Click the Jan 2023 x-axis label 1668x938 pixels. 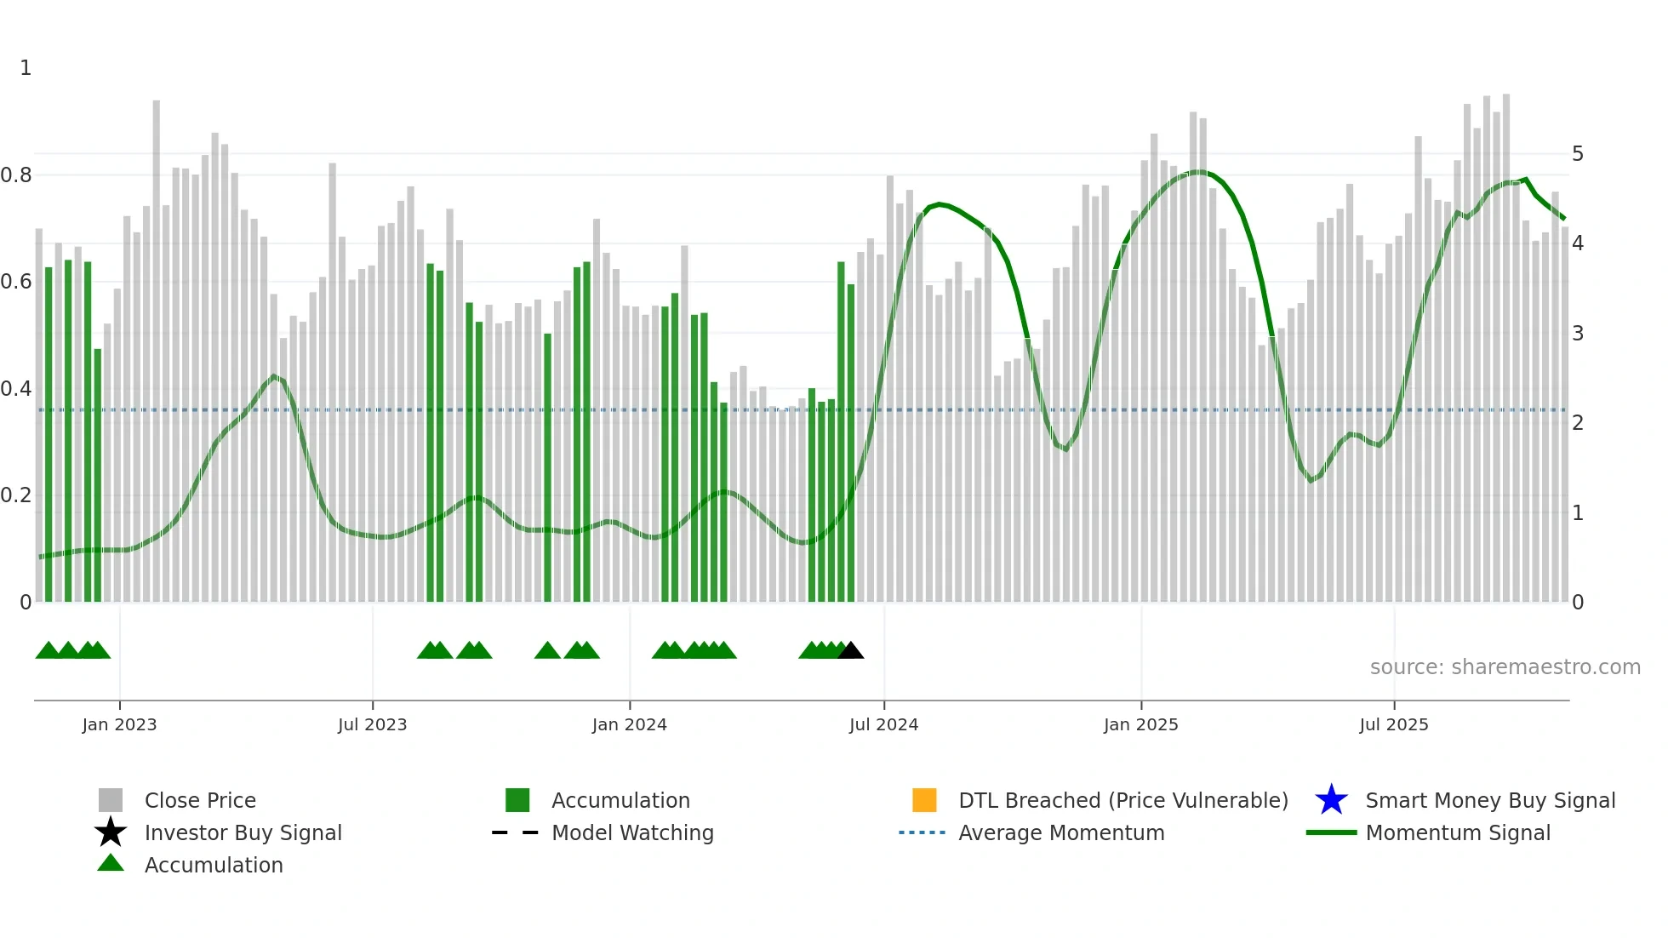click(x=119, y=724)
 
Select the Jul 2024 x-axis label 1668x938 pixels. click(x=883, y=724)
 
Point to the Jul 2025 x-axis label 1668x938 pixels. click(x=1393, y=724)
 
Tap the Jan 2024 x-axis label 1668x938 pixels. click(x=629, y=724)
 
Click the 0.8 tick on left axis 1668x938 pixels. click(x=16, y=175)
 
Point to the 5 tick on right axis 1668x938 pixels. click(x=1578, y=154)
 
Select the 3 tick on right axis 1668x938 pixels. click(x=1578, y=334)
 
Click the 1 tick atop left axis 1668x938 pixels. click(x=26, y=68)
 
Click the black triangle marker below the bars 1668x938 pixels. click(x=850, y=651)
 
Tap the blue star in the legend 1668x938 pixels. click(x=1331, y=800)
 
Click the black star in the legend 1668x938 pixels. click(x=111, y=832)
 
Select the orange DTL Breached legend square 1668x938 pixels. click(x=924, y=800)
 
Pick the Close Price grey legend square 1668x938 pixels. click(x=111, y=800)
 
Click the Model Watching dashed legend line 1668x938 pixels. click(x=516, y=832)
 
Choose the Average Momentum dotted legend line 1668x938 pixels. click(x=922, y=832)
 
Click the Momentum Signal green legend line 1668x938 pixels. click(x=1331, y=832)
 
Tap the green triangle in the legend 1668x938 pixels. click(x=111, y=863)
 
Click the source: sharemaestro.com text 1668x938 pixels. click(x=1505, y=667)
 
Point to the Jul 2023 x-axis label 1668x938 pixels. click(x=372, y=724)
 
